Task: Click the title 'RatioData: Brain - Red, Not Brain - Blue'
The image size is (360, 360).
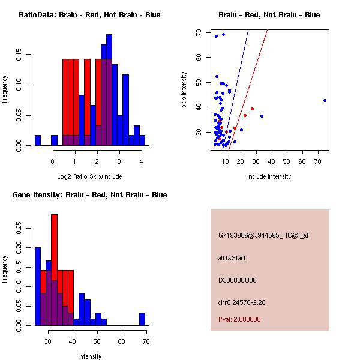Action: coord(89,15)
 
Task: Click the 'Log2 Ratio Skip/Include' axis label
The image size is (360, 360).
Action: coord(89,176)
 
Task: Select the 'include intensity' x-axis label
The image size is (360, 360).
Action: coord(269,176)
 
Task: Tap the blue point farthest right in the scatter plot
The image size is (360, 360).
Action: coord(325,100)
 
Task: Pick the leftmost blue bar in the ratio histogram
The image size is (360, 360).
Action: coord(38,140)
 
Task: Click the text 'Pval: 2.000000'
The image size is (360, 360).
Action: coord(239,319)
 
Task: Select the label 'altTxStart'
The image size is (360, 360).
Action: coord(232,258)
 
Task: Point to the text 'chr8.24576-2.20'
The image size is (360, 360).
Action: coord(241,302)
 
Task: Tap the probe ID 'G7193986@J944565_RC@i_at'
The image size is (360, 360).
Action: coord(263,236)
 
